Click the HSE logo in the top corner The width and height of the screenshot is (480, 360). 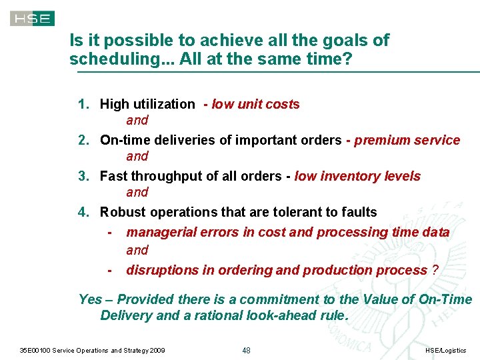32,19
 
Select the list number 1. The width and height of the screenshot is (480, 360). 83,104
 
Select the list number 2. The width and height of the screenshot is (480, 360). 83,140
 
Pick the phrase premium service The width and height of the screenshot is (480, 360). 407,140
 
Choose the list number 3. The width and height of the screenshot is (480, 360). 83,176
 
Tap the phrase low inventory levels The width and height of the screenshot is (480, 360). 357,176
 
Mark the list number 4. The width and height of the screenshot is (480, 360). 83,212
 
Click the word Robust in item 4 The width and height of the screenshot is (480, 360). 123,212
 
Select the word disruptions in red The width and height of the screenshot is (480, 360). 158,270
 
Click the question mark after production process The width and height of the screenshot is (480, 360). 435,270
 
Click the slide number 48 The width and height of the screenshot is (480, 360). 246,350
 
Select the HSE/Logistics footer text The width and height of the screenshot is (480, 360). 445,350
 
